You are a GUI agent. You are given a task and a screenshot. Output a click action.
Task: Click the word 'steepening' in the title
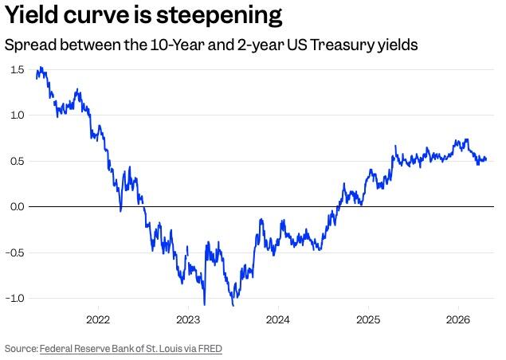click(216, 15)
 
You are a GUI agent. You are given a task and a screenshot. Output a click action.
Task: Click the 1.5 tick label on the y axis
click(17, 70)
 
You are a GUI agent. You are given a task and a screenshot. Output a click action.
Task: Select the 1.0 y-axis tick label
click(17, 115)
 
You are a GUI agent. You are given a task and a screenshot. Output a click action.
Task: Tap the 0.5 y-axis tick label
click(17, 162)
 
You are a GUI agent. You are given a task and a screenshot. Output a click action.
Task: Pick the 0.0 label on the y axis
click(17, 207)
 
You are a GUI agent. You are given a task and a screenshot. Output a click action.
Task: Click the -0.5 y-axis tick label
click(15, 253)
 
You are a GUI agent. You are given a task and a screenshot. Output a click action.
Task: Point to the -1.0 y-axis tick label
click(15, 299)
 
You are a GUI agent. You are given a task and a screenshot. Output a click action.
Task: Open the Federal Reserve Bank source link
click(131, 348)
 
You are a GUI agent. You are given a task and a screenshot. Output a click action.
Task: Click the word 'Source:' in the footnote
click(21, 348)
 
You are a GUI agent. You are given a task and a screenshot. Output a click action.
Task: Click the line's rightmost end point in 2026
click(486, 158)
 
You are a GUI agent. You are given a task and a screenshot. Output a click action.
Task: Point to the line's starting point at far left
click(37, 76)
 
